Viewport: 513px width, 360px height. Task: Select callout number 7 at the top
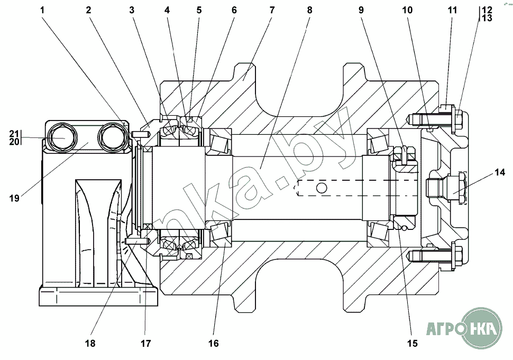click(x=272, y=10)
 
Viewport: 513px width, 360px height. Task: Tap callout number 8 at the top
click(x=309, y=10)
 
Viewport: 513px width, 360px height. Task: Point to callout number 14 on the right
click(x=500, y=172)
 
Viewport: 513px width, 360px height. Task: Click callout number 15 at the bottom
click(x=412, y=343)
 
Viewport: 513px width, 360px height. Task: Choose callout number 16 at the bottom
click(x=213, y=343)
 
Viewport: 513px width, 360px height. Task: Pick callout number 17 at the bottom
click(x=145, y=343)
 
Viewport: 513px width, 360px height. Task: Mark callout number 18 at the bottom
click(x=90, y=343)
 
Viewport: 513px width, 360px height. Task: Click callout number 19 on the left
click(x=14, y=198)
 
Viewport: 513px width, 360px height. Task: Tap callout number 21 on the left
click(x=14, y=133)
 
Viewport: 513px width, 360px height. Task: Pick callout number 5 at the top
click(x=199, y=10)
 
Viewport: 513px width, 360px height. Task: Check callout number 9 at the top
click(x=361, y=10)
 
